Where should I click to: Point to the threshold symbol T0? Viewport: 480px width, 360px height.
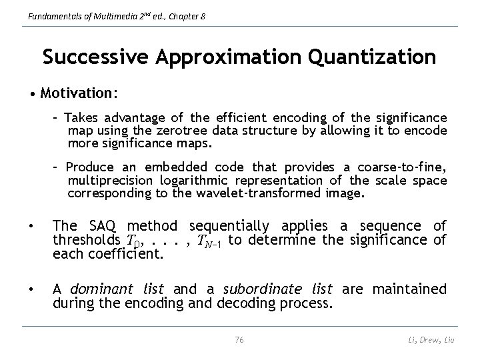(133, 240)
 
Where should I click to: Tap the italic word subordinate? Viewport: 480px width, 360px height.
(253, 289)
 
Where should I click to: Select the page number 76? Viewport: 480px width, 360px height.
(240, 340)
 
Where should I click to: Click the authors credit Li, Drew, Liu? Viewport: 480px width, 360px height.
(430, 341)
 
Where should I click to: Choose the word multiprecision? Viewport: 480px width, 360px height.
(109, 180)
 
